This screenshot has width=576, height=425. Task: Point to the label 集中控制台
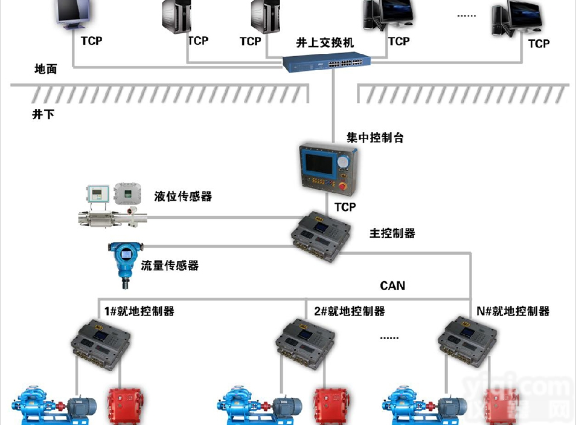(x=375, y=138)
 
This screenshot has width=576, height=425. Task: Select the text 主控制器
(x=392, y=233)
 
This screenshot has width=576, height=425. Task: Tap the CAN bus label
(x=392, y=285)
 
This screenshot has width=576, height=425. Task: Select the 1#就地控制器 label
(x=139, y=311)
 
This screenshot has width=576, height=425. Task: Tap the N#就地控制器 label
(x=513, y=311)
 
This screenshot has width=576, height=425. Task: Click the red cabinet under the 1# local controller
(x=124, y=407)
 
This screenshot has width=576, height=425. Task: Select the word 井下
(x=43, y=114)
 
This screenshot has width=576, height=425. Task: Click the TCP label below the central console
(x=345, y=207)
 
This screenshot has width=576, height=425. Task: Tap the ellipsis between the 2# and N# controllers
(x=389, y=337)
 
